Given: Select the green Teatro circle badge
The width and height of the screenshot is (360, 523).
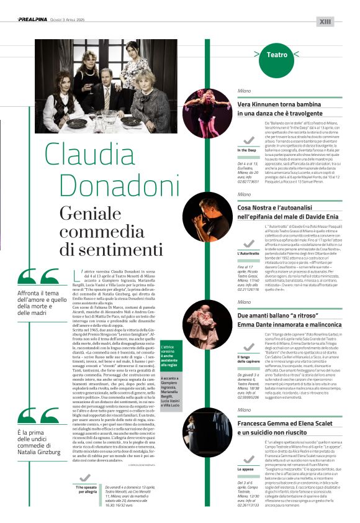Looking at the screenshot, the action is pos(277,55).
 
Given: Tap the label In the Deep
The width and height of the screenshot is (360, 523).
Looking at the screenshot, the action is pos(246,150).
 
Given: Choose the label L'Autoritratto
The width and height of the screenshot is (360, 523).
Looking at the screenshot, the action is pos(248,253).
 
